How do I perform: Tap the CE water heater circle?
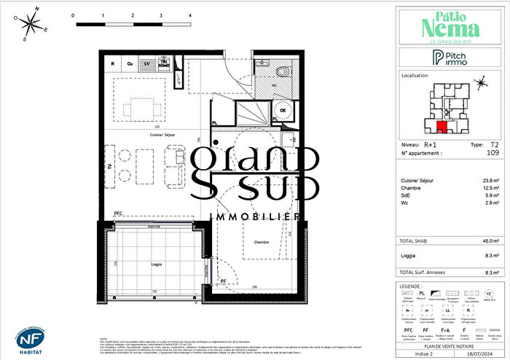[283, 111]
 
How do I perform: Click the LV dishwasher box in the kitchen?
[148, 64]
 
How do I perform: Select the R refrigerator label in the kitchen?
[112, 64]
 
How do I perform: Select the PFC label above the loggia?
[118, 213]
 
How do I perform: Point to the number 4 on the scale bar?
[189, 15]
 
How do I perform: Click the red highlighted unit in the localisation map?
[442, 128]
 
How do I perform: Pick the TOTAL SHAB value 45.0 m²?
[492, 241]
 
